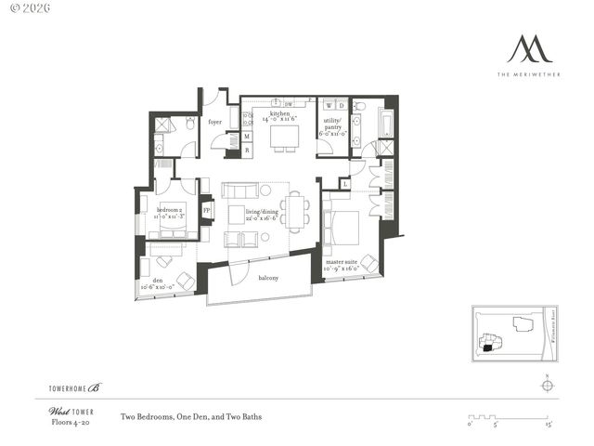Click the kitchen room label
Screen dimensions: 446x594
click(281, 115)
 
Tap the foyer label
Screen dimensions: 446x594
click(214, 122)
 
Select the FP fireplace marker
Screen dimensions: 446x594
click(207, 210)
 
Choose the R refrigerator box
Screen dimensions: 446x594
click(246, 149)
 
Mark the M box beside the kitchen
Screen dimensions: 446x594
click(246, 137)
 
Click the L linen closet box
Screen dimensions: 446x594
click(344, 184)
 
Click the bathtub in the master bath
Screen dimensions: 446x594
click(386, 122)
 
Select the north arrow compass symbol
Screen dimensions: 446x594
click(548, 387)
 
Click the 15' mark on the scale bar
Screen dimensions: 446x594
click(549, 425)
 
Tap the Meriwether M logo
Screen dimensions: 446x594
click(528, 48)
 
